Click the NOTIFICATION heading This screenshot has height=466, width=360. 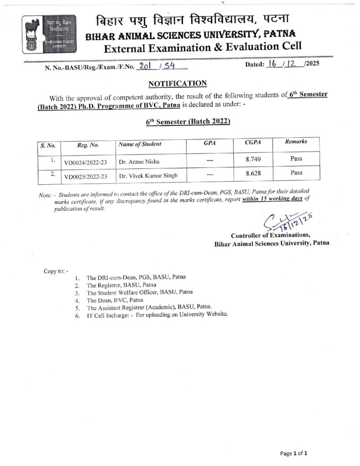[177, 83]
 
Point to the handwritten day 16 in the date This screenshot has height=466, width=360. [274, 65]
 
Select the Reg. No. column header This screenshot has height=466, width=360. [88, 146]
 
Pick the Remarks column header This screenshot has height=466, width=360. [296, 142]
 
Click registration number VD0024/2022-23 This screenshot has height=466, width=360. [86, 162]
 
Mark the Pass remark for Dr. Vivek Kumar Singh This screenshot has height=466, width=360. [296, 173]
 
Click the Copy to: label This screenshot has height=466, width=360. [56, 271]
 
